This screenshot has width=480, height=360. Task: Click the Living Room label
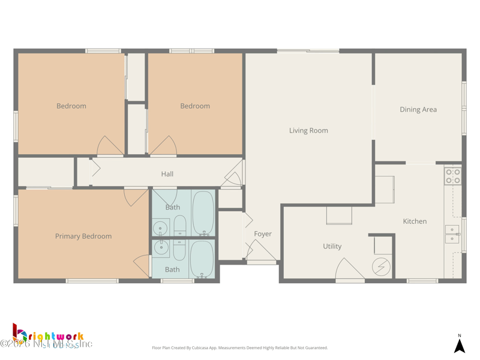click(308, 130)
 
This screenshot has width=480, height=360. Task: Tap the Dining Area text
click(418, 110)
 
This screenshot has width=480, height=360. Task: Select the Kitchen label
click(415, 221)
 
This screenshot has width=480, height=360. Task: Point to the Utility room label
click(332, 246)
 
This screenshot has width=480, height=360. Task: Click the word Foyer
click(263, 234)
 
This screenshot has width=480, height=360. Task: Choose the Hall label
click(167, 174)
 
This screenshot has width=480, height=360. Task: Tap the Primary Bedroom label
click(83, 236)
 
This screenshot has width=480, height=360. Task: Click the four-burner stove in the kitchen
click(452, 176)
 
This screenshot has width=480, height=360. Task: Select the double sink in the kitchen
click(452, 234)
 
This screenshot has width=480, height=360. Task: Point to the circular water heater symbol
click(381, 266)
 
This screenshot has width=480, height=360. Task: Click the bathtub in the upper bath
click(203, 213)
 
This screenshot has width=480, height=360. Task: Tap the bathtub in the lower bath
click(202, 259)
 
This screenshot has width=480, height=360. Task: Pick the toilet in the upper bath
click(180, 226)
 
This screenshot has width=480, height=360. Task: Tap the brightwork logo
click(48, 336)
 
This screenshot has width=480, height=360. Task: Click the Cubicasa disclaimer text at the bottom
click(240, 348)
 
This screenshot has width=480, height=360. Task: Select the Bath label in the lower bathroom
click(172, 269)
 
